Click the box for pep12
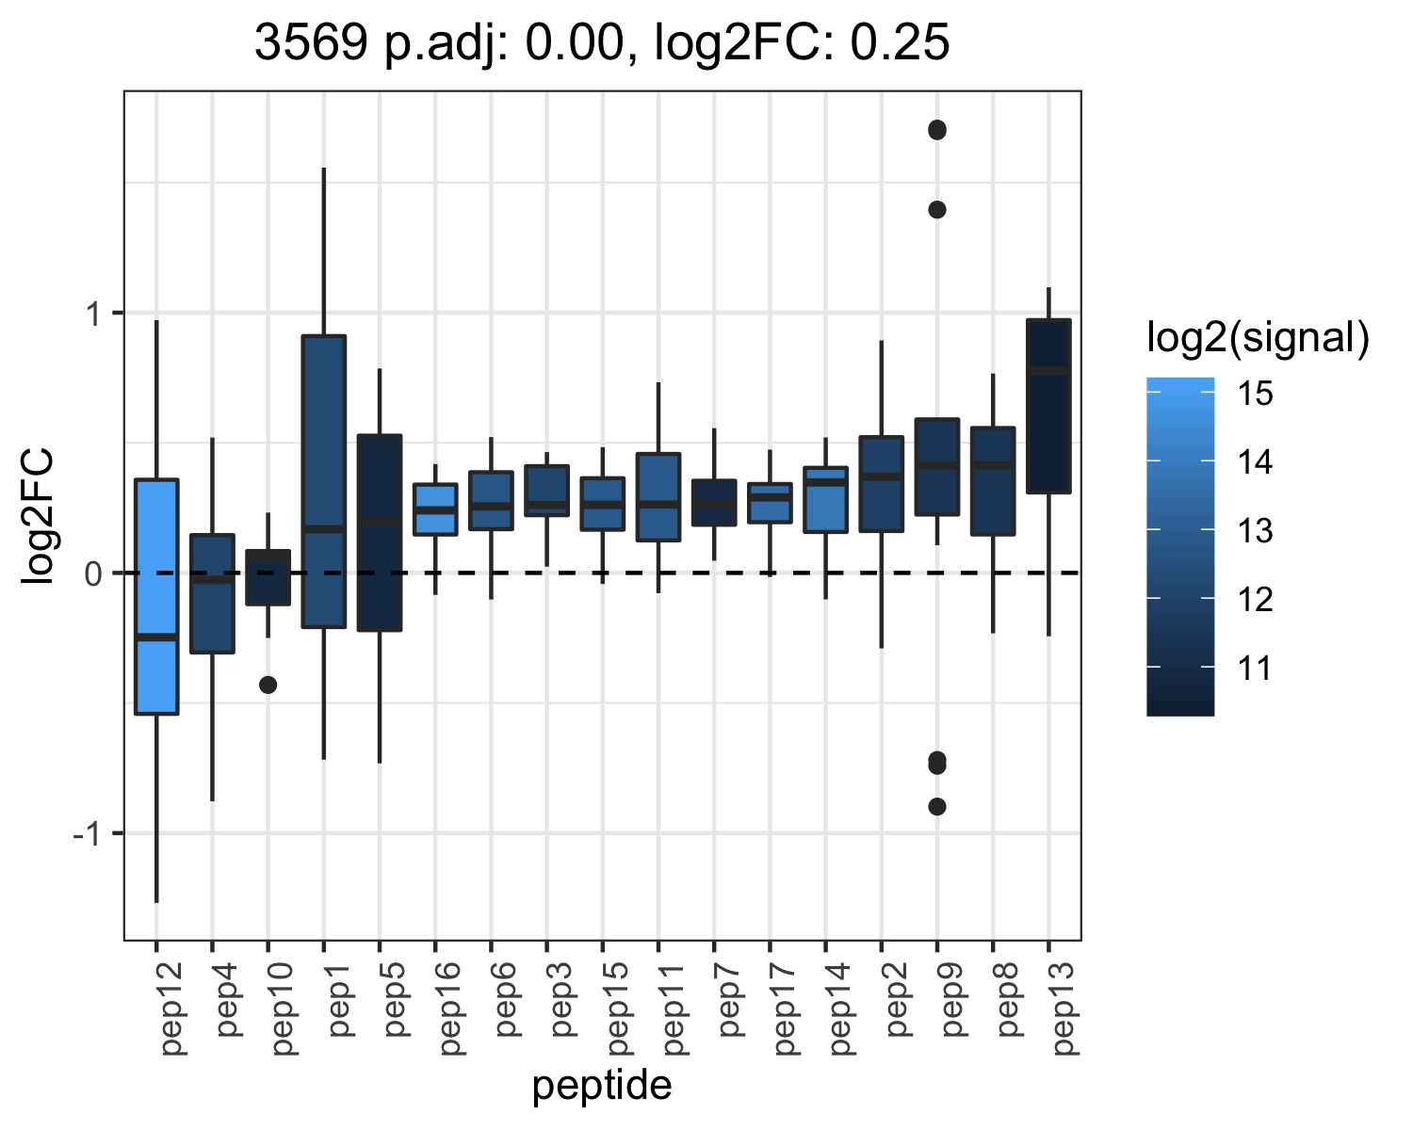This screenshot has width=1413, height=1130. (156, 596)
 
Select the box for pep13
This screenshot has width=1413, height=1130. (1048, 406)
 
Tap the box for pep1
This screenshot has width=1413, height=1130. (324, 481)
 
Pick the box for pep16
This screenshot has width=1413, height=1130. (435, 509)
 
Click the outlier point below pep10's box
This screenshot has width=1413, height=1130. (268, 685)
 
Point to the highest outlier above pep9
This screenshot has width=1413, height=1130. (937, 130)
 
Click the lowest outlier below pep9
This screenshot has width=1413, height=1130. (937, 806)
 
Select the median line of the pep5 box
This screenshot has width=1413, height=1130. (380, 522)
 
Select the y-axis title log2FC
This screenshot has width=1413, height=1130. (37, 515)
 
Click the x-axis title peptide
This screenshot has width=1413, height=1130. (602, 1085)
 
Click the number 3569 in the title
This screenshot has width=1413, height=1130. (311, 42)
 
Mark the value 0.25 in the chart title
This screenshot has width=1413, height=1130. (900, 42)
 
